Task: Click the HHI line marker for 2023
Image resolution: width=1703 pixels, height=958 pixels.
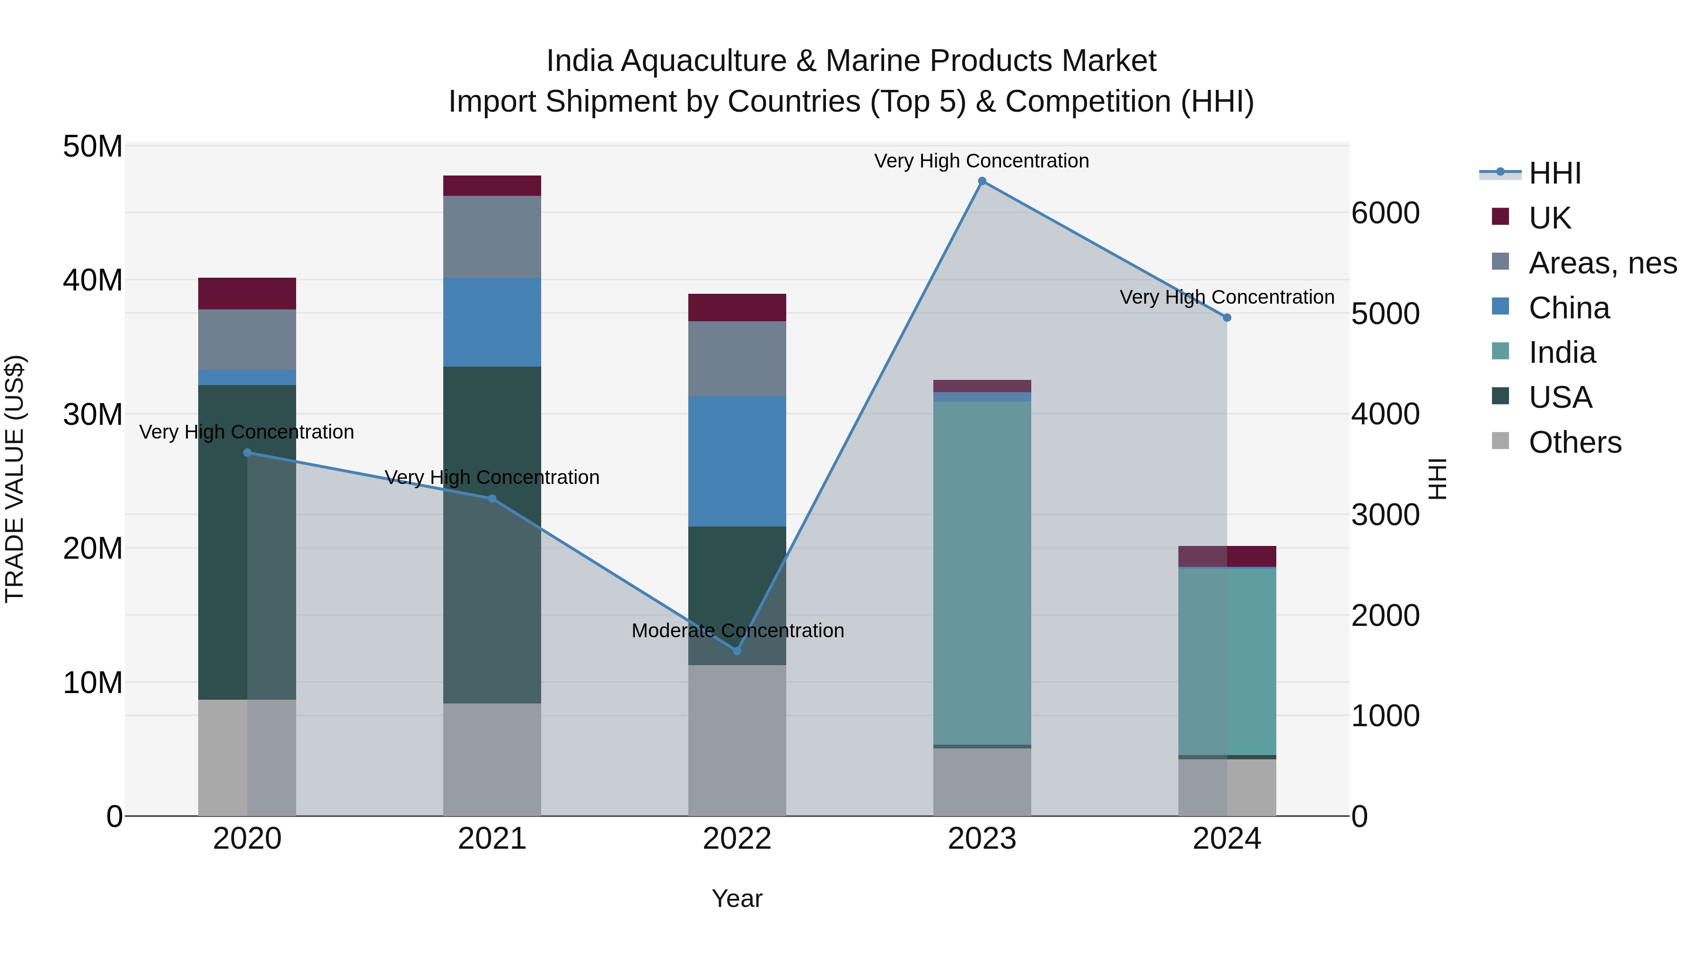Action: coord(982,181)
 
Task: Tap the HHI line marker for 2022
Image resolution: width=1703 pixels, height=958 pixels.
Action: coord(737,650)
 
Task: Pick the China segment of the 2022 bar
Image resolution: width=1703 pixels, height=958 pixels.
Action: coord(737,461)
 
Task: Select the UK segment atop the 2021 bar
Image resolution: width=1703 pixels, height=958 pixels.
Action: coord(492,186)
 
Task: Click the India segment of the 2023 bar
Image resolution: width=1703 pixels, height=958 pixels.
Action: coord(982,572)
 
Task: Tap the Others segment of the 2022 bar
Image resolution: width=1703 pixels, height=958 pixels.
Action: coord(737,740)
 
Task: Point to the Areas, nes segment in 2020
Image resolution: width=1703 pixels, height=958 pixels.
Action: coord(247,339)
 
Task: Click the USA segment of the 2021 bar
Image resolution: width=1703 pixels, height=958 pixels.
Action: coord(492,534)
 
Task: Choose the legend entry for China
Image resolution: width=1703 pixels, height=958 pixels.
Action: coord(1568,308)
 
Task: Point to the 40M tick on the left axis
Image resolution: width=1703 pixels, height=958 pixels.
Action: coord(93,281)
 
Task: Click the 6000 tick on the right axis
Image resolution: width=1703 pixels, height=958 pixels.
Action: coord(1385,213)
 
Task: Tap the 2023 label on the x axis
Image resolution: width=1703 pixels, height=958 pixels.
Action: coord(982,839)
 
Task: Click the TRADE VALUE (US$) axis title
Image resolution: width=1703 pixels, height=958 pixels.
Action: coord(15,479)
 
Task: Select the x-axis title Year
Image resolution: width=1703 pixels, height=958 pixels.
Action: coord(737,898)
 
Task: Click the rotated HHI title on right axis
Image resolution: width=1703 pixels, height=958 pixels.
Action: coord(1438,479)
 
